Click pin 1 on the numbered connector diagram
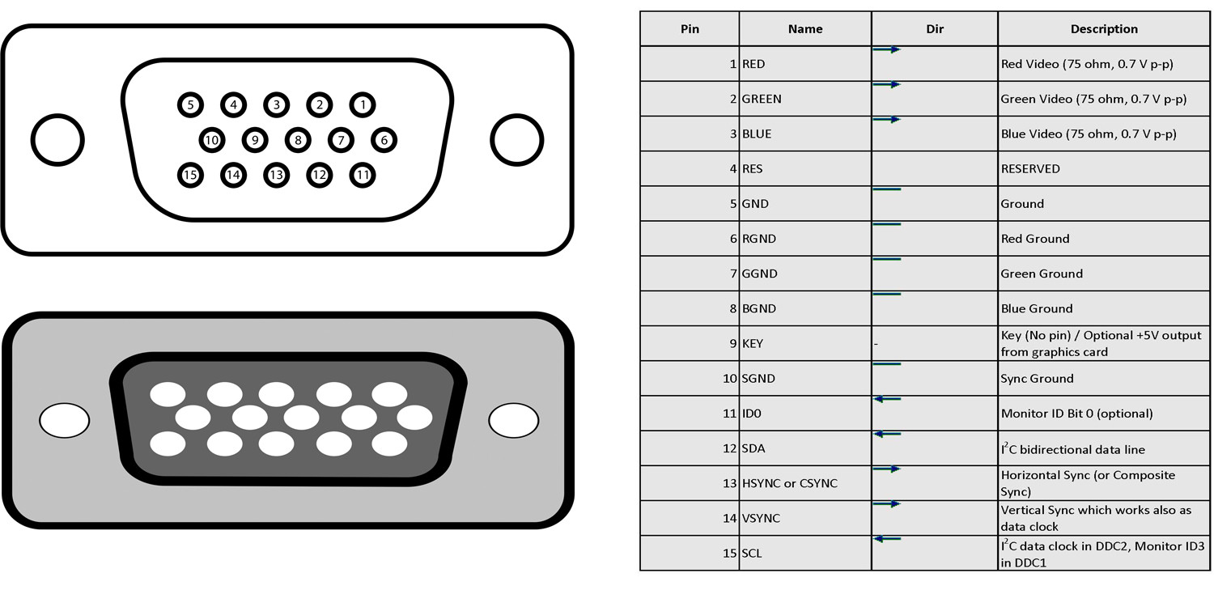(363, 104)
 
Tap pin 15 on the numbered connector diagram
(190, 175)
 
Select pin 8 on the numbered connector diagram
(298, 140)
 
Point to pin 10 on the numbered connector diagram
(211, 140)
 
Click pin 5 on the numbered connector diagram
(190, 104)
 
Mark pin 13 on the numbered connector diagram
(277, 175)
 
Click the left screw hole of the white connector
(57, 140)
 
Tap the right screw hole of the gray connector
(513, 421)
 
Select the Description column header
(1104, 29)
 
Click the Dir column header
(935, 29)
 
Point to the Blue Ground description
(1037, 309)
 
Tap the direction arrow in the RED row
(887, 50)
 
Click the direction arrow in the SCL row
(887, 539)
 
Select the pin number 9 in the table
(732, 344)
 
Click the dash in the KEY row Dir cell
(876, 344)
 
